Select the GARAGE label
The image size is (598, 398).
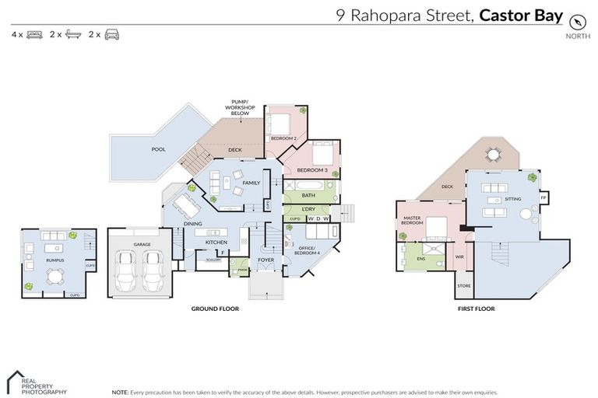tap(142, 244)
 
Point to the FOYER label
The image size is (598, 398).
tap(266, 260)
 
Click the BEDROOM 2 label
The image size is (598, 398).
tap(284, 138)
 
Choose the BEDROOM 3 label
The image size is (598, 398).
tap(311, 169)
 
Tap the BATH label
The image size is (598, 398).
tap(308, 195)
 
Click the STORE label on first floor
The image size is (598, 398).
tap(464, 285)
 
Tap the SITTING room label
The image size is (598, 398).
tap(513, 199)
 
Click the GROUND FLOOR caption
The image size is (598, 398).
tap(215, 309)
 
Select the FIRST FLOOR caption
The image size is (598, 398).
tap(476, 309)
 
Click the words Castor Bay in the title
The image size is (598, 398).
tap(521, 15)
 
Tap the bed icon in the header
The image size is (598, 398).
tap(34, 35)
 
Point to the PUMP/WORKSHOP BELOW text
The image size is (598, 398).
tap(240, 107)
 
